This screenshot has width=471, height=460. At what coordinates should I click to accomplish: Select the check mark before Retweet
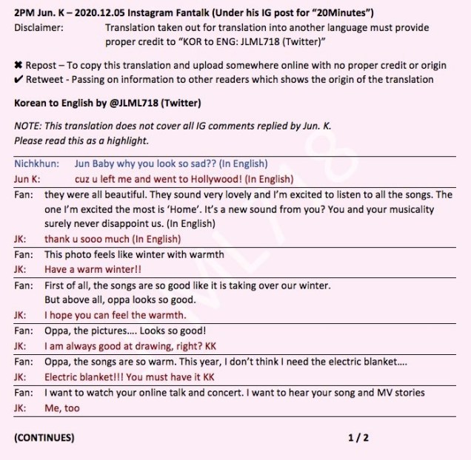click(18, 79)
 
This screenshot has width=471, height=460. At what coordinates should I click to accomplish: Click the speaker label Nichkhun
click(36, 163)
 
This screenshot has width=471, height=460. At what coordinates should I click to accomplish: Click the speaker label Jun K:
click(29, 179)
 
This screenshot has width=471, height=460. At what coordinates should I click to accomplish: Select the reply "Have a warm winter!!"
click(93, 270)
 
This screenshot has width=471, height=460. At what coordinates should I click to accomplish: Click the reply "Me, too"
click(62, 407)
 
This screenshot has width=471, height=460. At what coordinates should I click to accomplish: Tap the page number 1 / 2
click(358, 437)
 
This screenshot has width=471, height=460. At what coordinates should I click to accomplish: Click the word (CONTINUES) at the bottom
click(44, 437)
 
